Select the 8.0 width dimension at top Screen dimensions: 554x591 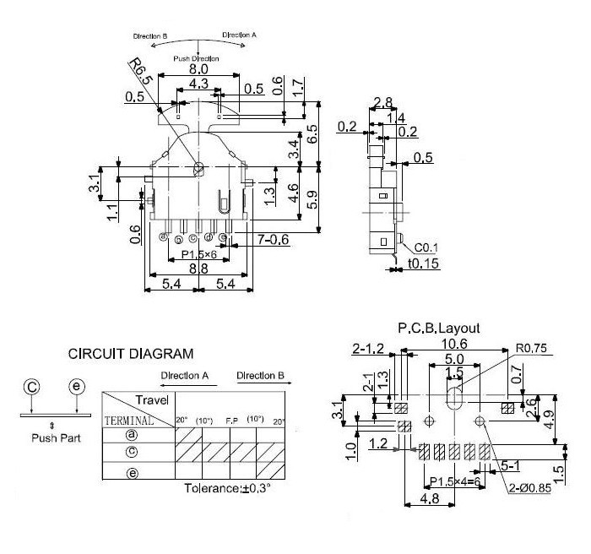click(199, 68)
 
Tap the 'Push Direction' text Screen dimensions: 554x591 click(196, 59)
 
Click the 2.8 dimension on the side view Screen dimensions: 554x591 click(382, 103)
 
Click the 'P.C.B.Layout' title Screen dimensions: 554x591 click(438, 328)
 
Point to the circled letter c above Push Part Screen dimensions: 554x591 click(31, 387)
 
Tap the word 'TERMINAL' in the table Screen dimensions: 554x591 click(128, 419)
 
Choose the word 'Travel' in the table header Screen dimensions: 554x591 click(151, 400)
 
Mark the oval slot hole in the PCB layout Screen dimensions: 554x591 click(454, 399)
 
